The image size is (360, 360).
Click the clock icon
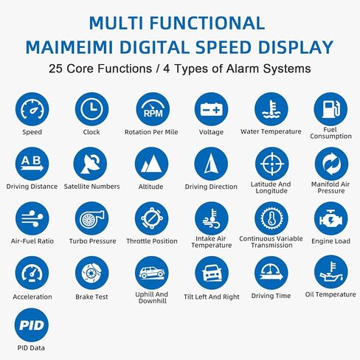[x=91, y=109]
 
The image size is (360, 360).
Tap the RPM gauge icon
[x=153, y=109]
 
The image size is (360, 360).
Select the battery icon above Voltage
[x=211, y=109]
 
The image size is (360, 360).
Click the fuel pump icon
[x=330, y=109]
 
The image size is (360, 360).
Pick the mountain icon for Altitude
[x=151, y=164]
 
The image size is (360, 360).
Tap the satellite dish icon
[x=90, y=164]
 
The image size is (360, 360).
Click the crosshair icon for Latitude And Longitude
[x=272, y=164]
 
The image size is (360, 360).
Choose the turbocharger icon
[x=91, y=218]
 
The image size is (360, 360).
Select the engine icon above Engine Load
[x=331, y=218]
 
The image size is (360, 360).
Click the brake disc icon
[x=91, y=273]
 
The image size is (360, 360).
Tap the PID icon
[x=32, y=325]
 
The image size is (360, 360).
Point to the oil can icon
[x=331, y=272]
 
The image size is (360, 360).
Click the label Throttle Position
[x=152, y=241]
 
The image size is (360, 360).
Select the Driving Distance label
[x=32, y=187]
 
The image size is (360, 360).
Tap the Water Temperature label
[x=271, y=131]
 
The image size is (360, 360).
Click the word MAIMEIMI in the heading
[x=69, y=47]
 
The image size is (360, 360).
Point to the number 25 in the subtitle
[x=56, y=69]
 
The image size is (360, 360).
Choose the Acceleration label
[x=32, y=297]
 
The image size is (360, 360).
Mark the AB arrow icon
[x=32, y=164]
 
